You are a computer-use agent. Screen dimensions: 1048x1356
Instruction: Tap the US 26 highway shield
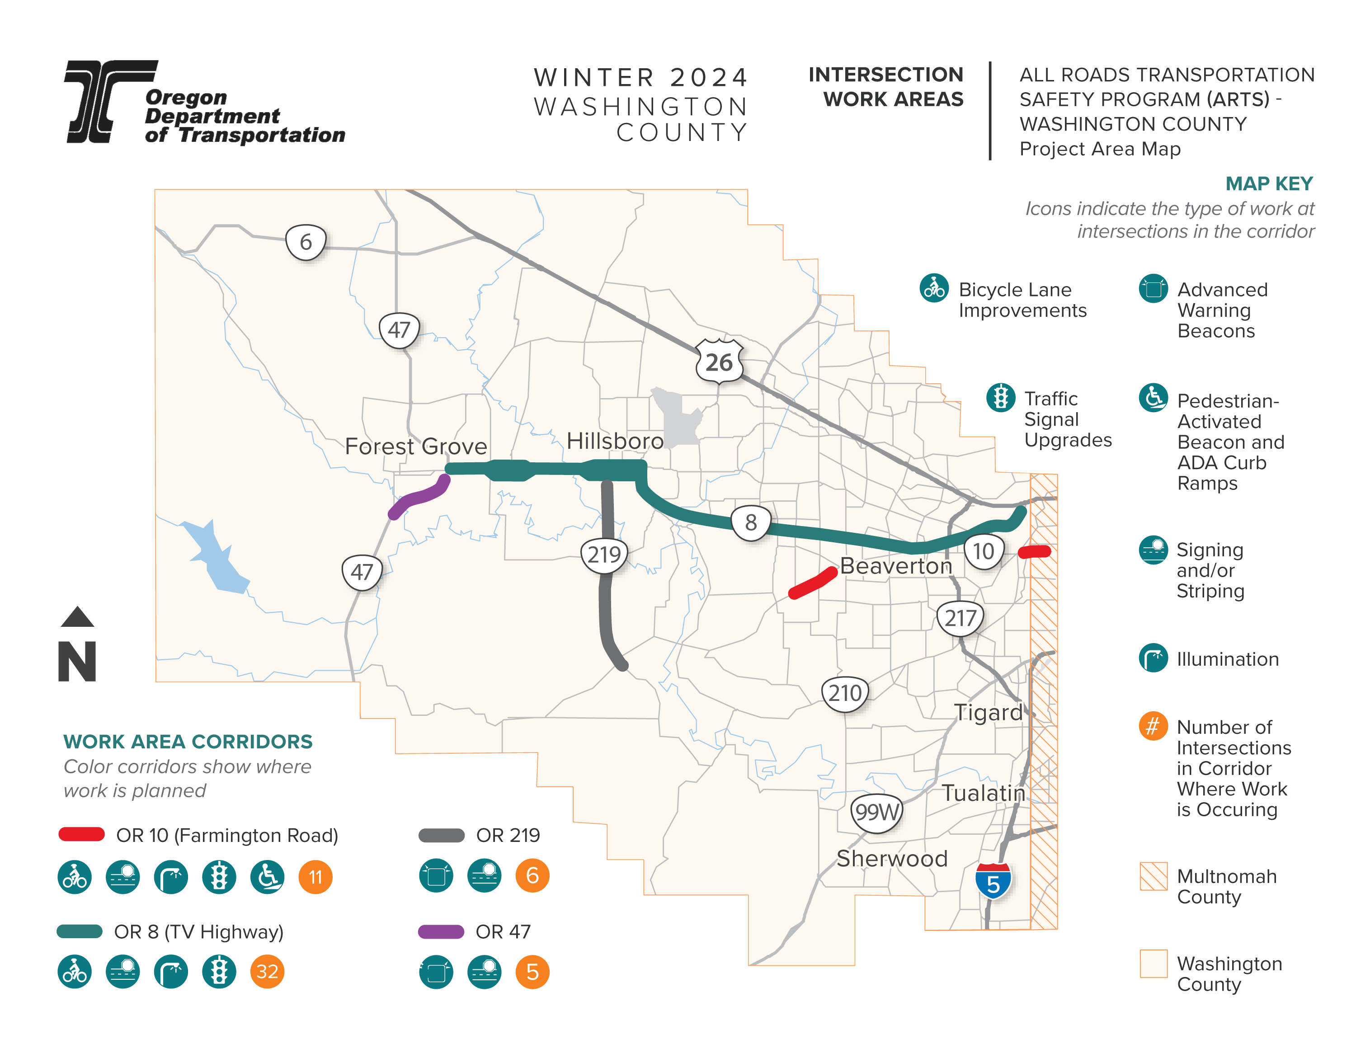point(719,362)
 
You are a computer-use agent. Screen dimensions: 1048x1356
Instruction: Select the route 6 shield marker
point(306,242)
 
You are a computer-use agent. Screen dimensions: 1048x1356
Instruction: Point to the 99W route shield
point(876,812)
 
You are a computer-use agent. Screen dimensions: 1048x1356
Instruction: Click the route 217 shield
point(960,618)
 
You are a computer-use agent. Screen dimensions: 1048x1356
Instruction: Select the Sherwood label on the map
point(892,858)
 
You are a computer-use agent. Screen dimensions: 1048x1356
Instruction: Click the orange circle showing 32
point(267,972)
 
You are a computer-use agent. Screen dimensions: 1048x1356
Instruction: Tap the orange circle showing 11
point(315,877)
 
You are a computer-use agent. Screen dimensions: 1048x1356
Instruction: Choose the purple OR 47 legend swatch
point(441,931)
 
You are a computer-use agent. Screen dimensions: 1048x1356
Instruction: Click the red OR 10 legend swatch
point(81,834)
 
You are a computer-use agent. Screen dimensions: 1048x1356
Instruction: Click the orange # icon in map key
point(1153,726)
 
